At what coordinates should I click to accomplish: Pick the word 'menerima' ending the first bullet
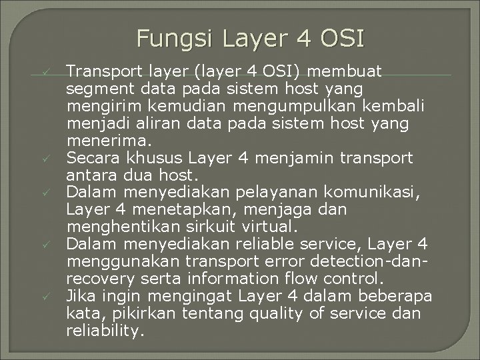coord(108,141)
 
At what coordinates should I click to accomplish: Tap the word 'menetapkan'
coord(150,210)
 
